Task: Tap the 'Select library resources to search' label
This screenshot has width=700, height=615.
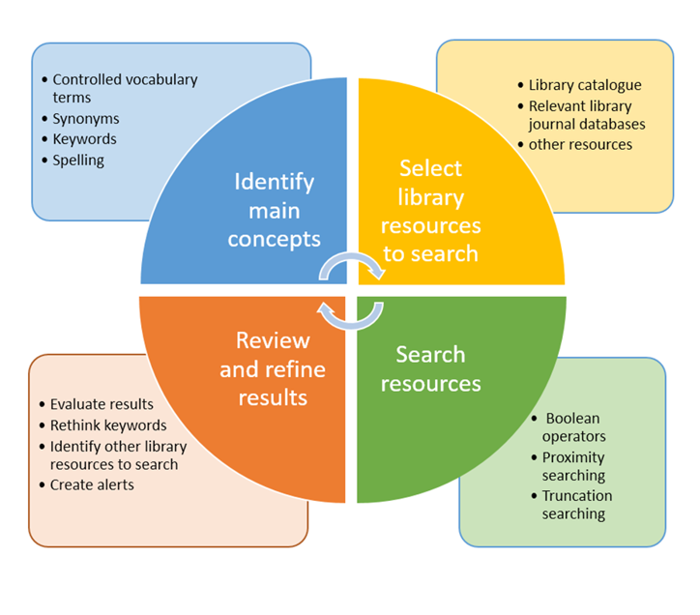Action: tap(430, 211)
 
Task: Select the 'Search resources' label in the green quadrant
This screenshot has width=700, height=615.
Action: tap(430, 368)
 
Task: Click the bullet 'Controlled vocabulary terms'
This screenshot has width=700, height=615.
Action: tap(124, 88)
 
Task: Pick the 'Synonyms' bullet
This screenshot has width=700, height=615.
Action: tap(86, 119)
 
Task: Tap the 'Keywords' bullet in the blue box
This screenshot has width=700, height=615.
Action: tap(84, 139)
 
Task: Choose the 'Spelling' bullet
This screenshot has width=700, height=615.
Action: tap(78, 160)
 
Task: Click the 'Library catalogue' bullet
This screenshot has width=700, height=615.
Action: tap(584, 85)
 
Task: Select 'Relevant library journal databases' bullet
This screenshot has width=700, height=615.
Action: tap(586, 114)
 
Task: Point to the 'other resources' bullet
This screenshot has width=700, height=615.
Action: tap(580, 144)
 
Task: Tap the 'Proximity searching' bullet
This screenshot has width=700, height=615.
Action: tap(573, 466)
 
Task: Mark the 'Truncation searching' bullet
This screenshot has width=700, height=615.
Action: tap(576, 505)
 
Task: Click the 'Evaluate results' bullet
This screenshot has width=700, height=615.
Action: tap(102, 404)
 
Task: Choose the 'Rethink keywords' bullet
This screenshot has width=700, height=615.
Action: tap(108, 425)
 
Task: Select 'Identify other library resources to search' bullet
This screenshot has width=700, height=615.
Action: tap(118, 454)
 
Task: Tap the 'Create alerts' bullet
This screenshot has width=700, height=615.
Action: tap(92, 484)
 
